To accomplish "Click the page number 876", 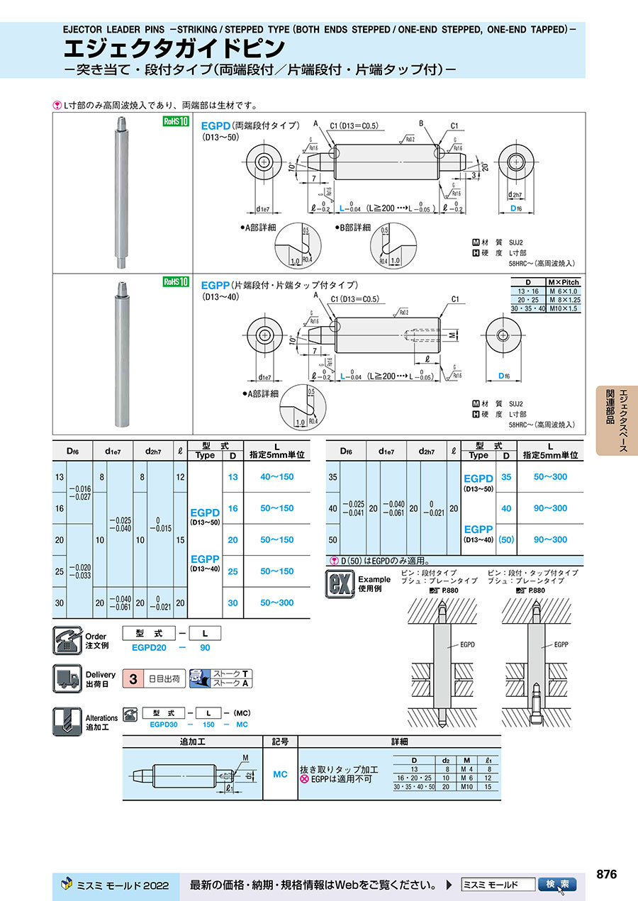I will point(606,874).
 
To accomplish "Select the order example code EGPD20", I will point(149,647).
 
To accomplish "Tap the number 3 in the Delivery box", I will point(132,678).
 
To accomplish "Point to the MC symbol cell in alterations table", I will point(280,774).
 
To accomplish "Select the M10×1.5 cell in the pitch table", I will point(564,309).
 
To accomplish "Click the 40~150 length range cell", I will point(276,477).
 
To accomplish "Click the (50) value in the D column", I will point(505,540).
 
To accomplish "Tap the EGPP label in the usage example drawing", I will point(561,645).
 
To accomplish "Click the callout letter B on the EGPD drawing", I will point(421,123).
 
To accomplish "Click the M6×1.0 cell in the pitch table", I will point(564,291).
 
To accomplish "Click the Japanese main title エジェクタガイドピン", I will point(175,49).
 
